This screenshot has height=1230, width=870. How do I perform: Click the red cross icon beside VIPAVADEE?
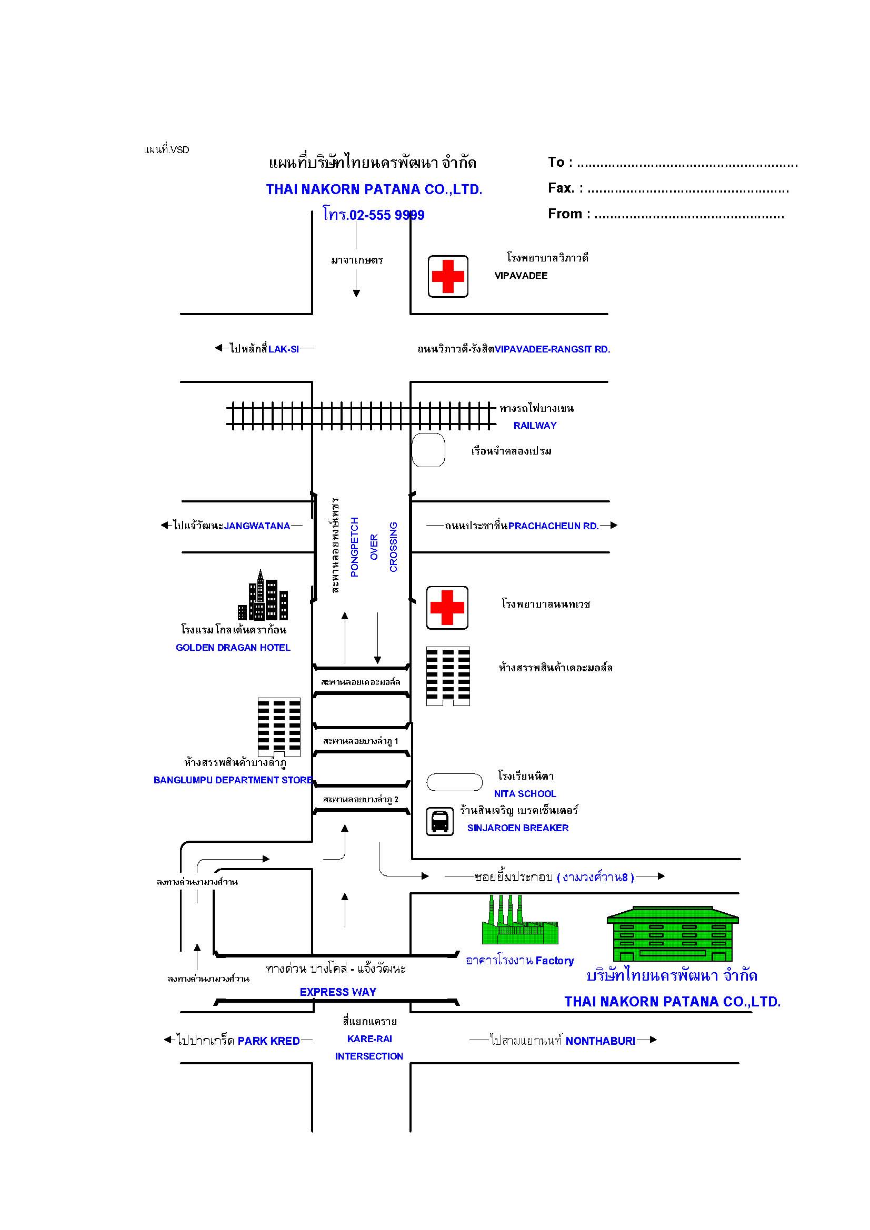coord(447,276)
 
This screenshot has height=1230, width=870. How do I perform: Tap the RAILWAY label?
coord(535,426)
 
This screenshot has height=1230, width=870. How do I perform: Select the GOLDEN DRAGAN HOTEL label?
coord(233,647)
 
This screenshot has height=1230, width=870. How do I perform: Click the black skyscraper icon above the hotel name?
coord(263,594)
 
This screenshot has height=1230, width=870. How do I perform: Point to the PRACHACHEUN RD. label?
coord(553,526)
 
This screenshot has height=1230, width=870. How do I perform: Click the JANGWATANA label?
coord(257,526)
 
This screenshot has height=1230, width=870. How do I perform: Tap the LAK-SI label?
coord(284,349)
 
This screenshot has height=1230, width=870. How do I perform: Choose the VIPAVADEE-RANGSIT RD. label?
coord(552,349)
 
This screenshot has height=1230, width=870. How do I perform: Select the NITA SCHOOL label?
coord(525,793)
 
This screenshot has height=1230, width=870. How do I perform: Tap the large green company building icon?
coord(673,934)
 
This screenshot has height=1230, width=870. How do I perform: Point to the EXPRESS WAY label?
coord(338,992)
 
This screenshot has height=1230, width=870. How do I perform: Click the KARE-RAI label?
coord(369,1039)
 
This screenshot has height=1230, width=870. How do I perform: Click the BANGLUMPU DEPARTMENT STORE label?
coord(233,780)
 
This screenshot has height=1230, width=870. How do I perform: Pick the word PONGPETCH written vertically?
coord(354,547)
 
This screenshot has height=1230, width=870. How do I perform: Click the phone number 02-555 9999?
coord(387,215)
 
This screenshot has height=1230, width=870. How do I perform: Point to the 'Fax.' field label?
coord(561,188)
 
